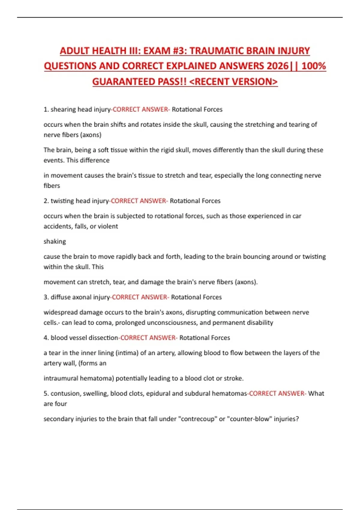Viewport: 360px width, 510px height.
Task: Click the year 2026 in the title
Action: tap(277, 66)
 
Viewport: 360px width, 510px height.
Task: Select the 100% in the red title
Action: tap(313, 66)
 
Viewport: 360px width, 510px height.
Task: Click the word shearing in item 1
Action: tap(63, 109)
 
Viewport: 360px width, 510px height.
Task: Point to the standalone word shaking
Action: tap(55, 241)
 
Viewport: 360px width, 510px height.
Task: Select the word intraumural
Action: tap(61, 379)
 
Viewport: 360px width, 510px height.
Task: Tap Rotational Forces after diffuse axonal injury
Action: tap(196, 297)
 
